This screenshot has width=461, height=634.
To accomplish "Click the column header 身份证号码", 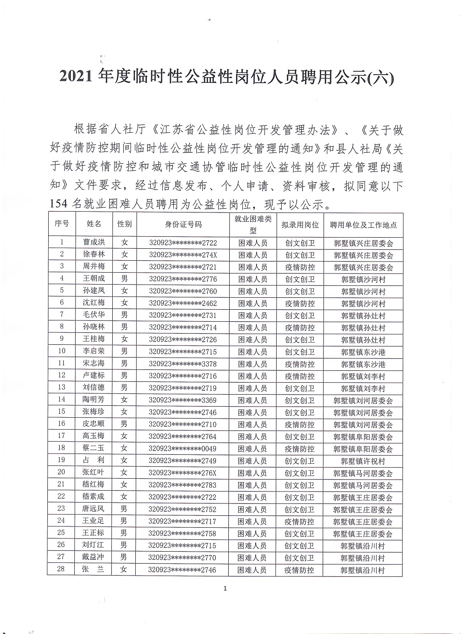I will (x=183, y=224).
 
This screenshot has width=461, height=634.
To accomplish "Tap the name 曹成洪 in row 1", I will (x=93, y=242).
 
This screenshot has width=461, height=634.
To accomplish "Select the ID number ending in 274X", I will (x=183, y=255).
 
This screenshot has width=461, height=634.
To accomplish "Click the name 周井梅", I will (x=93, y=267).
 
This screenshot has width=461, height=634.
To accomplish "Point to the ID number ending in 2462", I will (x=183, y=303).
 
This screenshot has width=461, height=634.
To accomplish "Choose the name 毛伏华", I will (x=93, y=315).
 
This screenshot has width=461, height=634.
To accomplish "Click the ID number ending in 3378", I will (x=183, y=364).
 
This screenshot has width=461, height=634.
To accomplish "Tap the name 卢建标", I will (x=93, y=375).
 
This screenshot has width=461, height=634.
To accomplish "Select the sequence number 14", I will (x=61, y=399).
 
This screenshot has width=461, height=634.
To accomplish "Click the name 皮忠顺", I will (x=93, y=424).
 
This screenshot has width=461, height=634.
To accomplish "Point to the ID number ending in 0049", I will (x=183, y=448).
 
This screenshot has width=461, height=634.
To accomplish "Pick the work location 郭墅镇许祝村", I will (x=363, y=461).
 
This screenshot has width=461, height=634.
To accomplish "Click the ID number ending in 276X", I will (x=183, y=473).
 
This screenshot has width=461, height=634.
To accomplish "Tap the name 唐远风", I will (x=93, y=509).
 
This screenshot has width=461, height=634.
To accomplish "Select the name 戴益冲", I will (x=93, y=557).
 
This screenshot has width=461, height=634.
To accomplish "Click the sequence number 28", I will (x=61, y=569).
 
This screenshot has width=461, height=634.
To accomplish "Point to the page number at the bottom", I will (x=225, y=589).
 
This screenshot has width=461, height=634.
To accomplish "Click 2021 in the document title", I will (x=76, y=77).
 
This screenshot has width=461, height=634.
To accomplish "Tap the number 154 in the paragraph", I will (x=58, y=204).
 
